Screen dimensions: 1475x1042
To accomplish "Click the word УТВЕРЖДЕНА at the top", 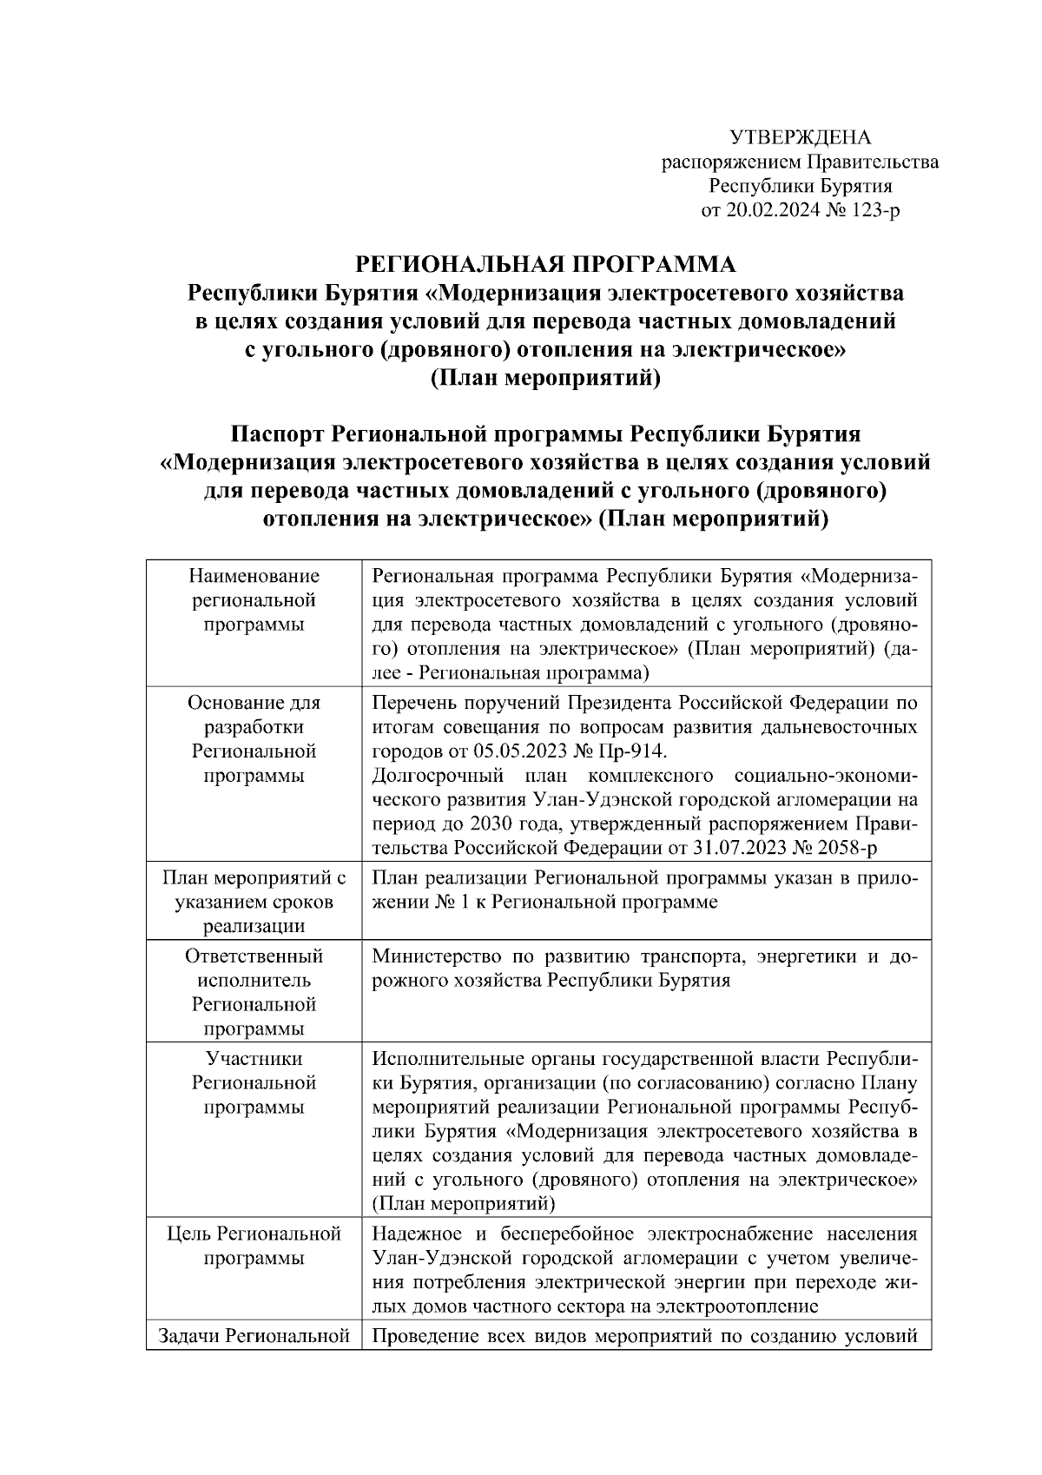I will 799,137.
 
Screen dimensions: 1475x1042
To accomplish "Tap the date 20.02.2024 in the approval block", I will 764,210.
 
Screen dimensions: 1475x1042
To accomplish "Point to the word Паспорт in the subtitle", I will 278,433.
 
